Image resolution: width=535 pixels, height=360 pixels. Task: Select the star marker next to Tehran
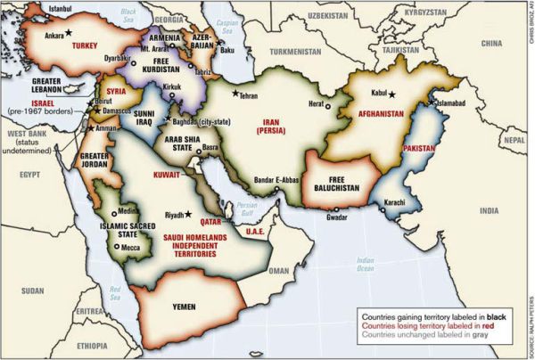pyautogui.click(x=236, y=93)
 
